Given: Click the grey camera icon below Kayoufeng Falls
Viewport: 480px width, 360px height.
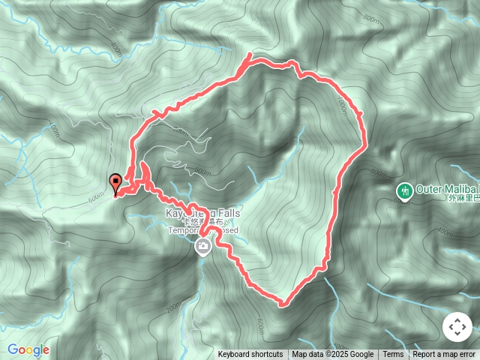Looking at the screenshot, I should click(202, 246).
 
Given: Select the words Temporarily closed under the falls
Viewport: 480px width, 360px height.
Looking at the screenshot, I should click(202, 231).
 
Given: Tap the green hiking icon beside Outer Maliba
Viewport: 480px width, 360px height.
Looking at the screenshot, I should click(405, 192).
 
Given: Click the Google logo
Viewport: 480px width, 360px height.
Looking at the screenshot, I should click(28, 349).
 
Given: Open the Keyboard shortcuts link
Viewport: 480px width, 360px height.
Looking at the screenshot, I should click(250, 355).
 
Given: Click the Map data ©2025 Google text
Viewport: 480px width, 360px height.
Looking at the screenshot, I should click(332, 355).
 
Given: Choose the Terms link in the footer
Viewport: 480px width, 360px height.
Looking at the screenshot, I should click(393, 355).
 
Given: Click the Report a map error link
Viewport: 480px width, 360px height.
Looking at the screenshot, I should click(444, 355).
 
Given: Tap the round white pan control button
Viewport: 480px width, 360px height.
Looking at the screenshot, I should click(456, 328).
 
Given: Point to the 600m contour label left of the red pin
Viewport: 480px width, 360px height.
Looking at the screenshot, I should click(95, 198).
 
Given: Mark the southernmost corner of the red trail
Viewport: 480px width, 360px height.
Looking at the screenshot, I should click(282, 304).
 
